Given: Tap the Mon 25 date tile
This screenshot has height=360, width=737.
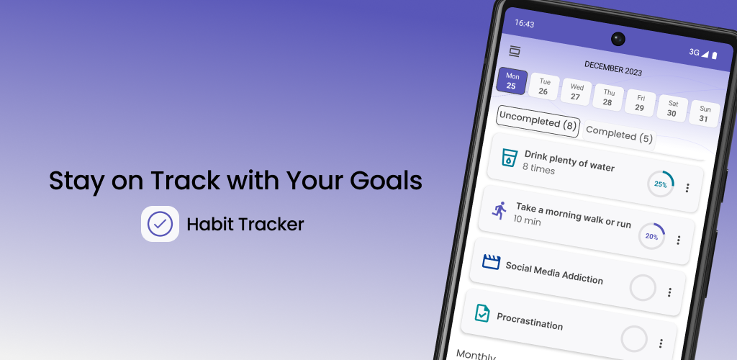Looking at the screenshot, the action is point(512,81).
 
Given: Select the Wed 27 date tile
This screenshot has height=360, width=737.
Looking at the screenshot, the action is point(577,91).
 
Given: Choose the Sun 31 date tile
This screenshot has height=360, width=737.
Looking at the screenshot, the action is point(704,114).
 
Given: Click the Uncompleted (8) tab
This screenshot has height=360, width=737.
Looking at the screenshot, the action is point(538,121).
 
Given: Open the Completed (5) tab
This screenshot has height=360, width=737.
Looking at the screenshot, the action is point(619,135).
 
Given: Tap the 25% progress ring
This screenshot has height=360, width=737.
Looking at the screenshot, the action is point(661,184).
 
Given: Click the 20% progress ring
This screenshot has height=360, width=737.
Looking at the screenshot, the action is point(652,236).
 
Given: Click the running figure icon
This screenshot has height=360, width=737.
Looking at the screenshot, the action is point(499,210).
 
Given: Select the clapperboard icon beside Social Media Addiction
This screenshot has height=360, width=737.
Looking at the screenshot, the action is point(491,261).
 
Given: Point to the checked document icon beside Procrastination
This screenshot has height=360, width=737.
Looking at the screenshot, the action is point(482,313).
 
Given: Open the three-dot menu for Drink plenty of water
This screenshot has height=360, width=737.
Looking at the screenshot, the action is point(687,188).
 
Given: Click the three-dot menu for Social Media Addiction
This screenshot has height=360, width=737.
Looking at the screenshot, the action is point(670,292).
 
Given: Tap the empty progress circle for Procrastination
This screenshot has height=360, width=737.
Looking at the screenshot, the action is point(634,338).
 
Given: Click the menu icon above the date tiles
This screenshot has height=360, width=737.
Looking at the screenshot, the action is point(515,52).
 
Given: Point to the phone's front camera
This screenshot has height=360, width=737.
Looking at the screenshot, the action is point(618,39).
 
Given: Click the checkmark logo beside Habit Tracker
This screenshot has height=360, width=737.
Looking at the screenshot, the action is point(160,224).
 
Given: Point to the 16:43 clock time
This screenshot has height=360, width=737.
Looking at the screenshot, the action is point(525,24).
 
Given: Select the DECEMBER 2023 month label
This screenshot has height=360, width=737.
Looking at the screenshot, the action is point(613,68).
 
